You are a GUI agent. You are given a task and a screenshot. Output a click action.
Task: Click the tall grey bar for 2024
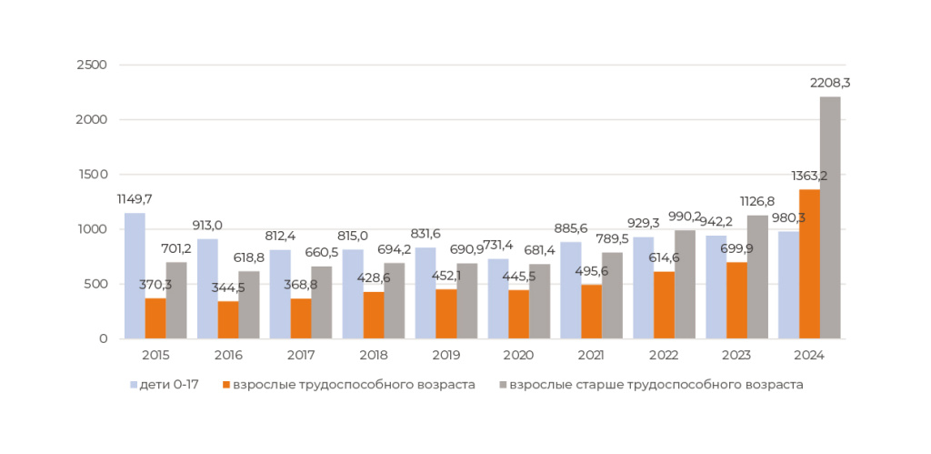coord(830,217)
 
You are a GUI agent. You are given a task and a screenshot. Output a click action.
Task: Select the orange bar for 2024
coord(809,264)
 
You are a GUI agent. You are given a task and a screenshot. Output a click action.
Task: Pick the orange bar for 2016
coord(228,319)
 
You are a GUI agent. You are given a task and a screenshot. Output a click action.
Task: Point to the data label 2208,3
coord(830,83)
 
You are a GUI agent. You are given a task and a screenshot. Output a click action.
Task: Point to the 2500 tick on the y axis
coord(94,66)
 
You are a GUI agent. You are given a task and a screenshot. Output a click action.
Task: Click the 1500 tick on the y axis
coord(94,175)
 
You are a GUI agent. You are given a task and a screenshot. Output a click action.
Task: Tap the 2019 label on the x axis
coord(446,355)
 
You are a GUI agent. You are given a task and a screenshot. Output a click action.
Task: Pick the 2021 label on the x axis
coord(592,355)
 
